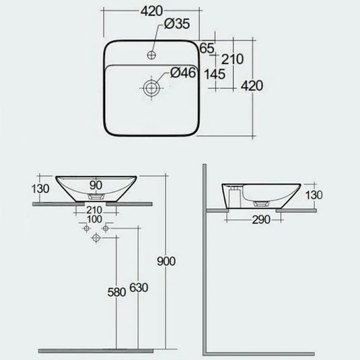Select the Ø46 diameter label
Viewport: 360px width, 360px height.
182,73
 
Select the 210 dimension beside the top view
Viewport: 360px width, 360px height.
232,59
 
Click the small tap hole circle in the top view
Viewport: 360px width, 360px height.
153,52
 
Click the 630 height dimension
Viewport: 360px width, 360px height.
139,287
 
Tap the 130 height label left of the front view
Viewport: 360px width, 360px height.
42,189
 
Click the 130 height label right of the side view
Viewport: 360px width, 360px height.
314,194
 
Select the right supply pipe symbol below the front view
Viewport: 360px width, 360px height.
104,230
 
